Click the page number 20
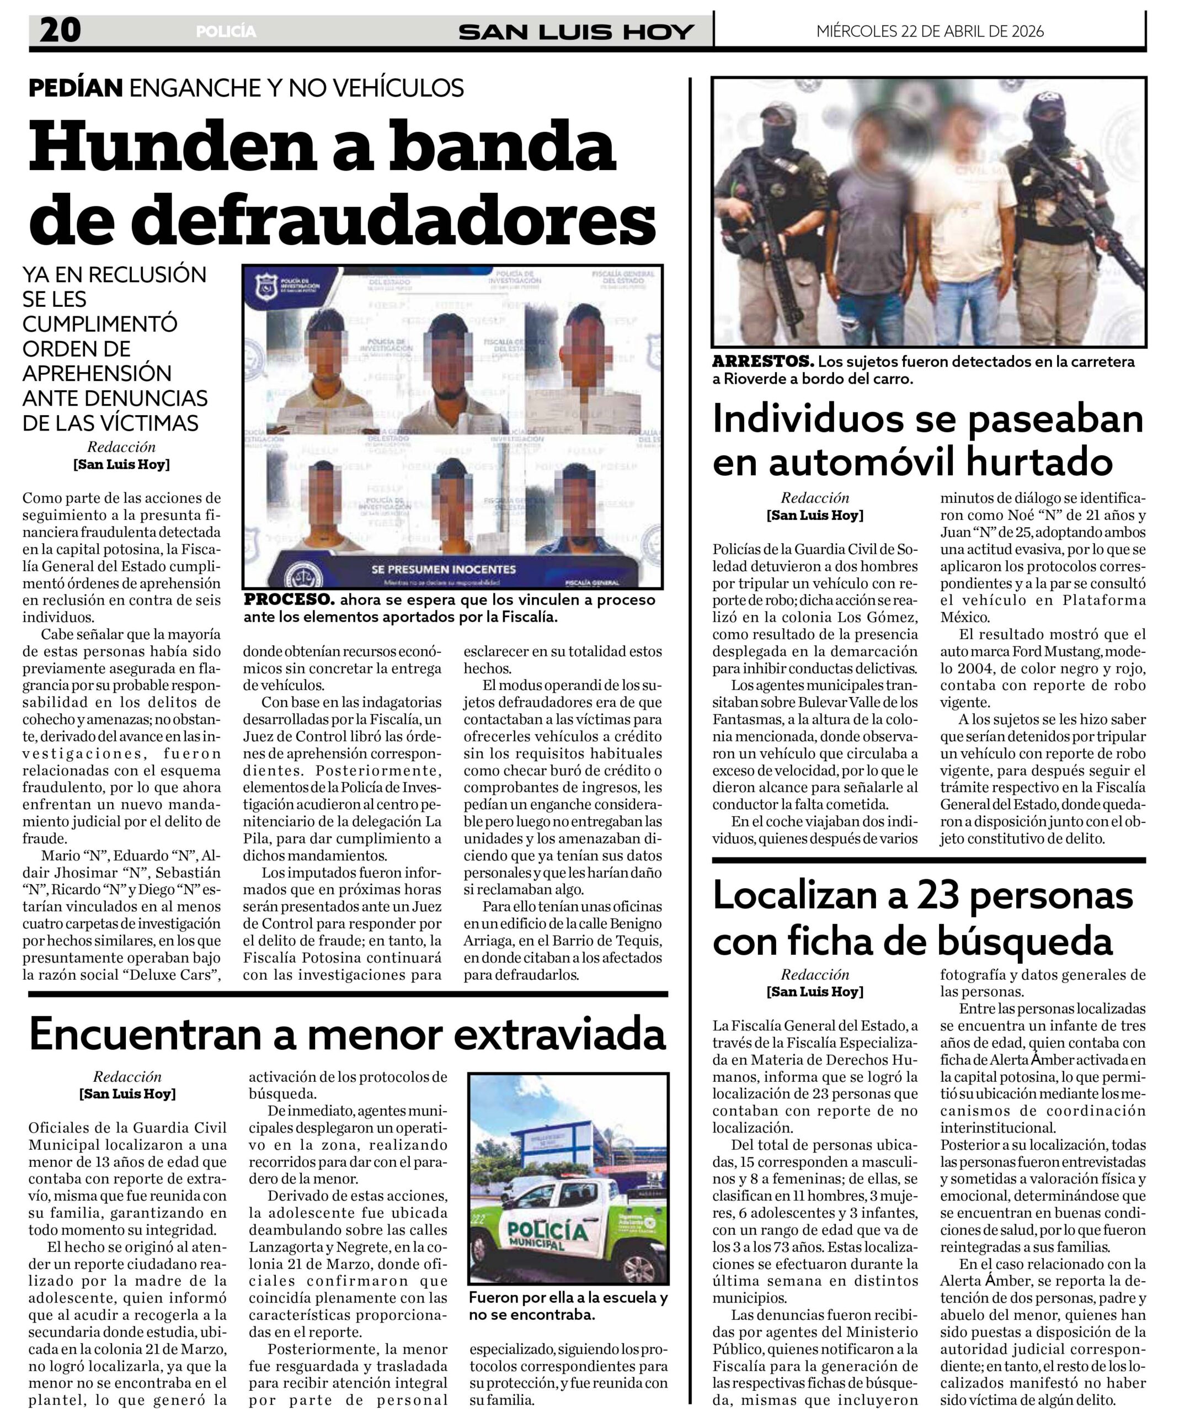(x=60, y=30)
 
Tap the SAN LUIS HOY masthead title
(x=576, y=31)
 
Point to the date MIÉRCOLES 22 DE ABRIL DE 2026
(x=930, y=31)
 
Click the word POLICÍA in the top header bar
(x=226, y=31)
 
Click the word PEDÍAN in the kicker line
(x=76, y=88)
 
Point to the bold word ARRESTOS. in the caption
(x=762, y=362)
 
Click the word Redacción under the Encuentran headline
(x=127, y=1076)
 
